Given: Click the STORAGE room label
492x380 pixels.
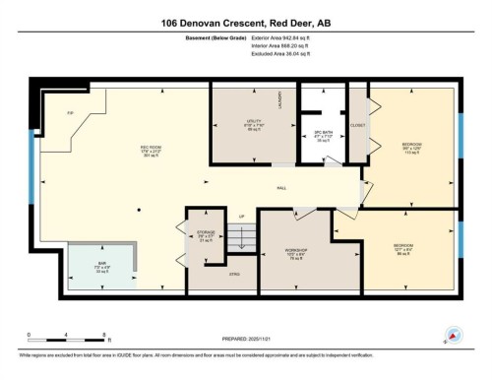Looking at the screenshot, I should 205,232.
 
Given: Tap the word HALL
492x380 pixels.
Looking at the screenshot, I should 280,187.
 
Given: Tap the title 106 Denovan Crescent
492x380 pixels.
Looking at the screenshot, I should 246,23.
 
